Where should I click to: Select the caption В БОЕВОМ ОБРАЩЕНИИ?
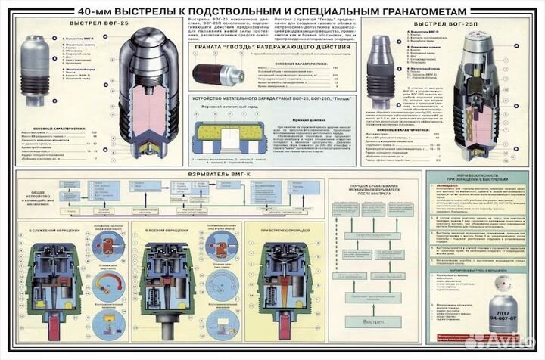(x=166, y=231)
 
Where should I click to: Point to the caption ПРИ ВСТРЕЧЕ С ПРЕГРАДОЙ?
(x=287, y=231)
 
